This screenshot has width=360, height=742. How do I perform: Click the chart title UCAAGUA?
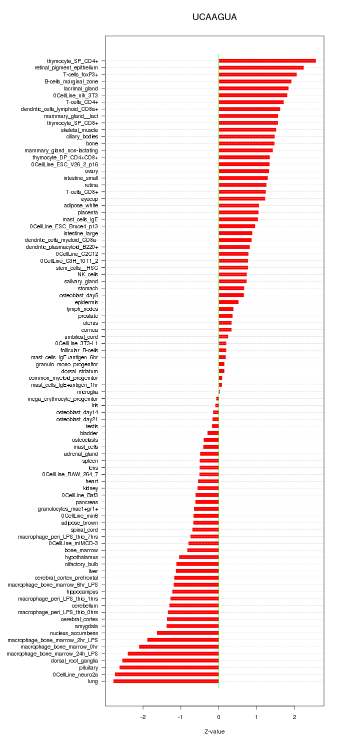coord(214,17)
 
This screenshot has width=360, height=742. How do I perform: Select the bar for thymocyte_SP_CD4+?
coord(267,60)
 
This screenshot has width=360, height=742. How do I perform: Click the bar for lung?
coord(166,681)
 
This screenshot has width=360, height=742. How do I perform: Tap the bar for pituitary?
coord(169,668)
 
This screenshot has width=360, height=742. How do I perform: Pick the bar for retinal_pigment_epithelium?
coord(261,67)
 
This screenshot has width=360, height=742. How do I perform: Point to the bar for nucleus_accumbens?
coord(188,633)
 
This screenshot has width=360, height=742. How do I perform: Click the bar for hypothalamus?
coord(199,557)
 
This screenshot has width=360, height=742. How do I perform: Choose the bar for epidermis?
coord(228,302)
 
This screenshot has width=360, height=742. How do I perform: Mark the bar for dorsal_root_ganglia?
coord(170,661)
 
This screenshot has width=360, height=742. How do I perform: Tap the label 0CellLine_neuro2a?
coord(75,675)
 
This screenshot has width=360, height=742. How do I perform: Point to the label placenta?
coord(88,212)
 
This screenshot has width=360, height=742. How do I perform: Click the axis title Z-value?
coord(214,732)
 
